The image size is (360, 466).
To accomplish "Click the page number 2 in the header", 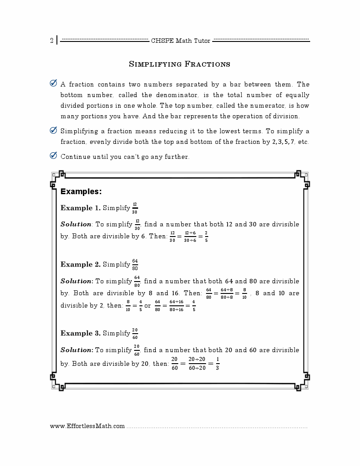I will (52, 41).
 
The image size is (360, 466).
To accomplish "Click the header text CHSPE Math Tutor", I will (180, 41).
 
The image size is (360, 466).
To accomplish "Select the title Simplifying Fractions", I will (180, 64).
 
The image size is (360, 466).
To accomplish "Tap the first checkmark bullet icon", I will (53, 83).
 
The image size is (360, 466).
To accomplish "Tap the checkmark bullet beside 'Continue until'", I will (53, 156).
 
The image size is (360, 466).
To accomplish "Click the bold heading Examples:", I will (81, 192).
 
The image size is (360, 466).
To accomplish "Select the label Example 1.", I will (80, 208).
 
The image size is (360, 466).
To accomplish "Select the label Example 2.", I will (80, 264).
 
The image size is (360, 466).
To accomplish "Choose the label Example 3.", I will (80, 333).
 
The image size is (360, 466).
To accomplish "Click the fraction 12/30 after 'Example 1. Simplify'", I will (135, 208).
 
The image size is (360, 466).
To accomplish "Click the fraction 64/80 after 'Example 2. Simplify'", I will (135, 264).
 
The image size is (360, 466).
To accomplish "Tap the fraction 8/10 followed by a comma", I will (244, 293).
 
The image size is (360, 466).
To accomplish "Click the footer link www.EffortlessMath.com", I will (87, 426).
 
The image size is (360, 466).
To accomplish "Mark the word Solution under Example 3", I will (76, 350).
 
